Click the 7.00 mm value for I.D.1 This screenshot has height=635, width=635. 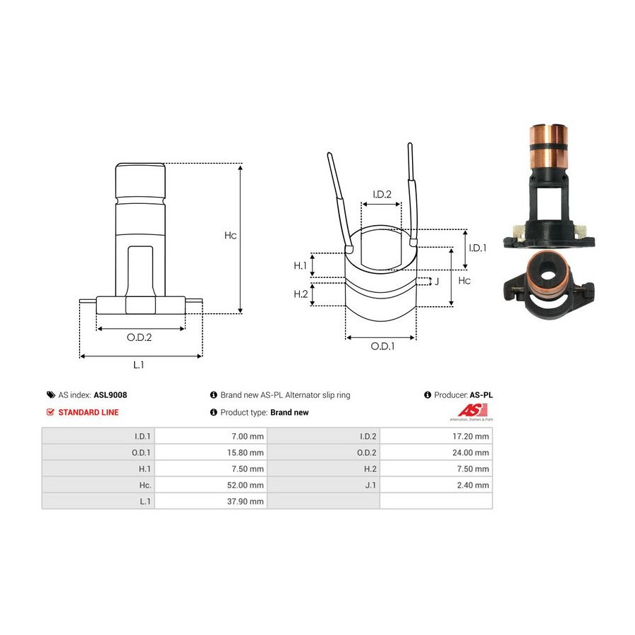click(x=248, y=436)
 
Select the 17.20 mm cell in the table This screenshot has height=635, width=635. click(x=471, y=436)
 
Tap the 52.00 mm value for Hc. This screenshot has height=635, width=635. click(x=245, y=485)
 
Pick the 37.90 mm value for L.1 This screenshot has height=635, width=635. click(x=245, y=501)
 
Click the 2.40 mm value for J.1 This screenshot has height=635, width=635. click(x=473, y=485)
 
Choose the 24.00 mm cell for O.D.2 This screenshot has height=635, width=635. click(x=471, y=452)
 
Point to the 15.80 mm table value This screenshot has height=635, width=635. click(x=245, y=452)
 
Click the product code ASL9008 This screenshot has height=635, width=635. click(x=110, y=395)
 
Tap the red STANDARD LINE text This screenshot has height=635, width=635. click(x=88, y=412)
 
